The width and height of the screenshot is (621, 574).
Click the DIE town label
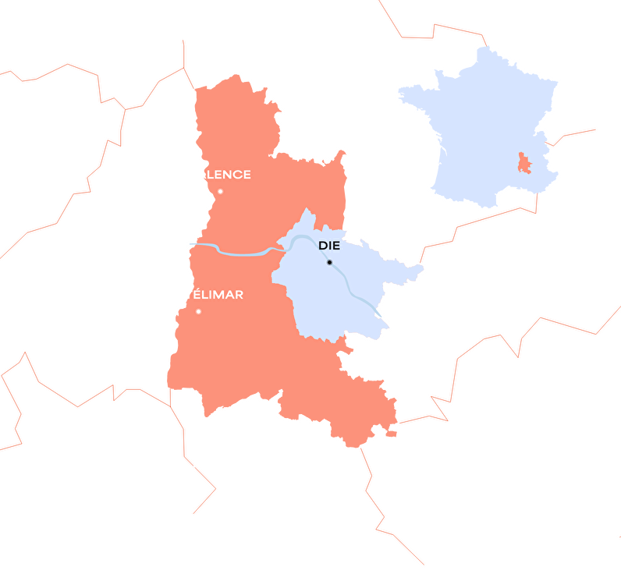click(329, 246)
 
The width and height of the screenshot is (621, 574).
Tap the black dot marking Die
click(329, 262)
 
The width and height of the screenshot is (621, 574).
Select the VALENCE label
click(219, 175)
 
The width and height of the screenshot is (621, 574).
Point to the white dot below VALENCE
click(220, 191)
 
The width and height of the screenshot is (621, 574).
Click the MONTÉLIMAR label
click(197, 295)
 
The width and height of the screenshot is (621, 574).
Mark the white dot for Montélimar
click(198, 311)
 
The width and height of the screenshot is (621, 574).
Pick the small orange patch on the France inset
click(524, 163)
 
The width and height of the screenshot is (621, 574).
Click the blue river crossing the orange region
click(234, 252)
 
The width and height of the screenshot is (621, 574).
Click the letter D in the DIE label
click(322, 246)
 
